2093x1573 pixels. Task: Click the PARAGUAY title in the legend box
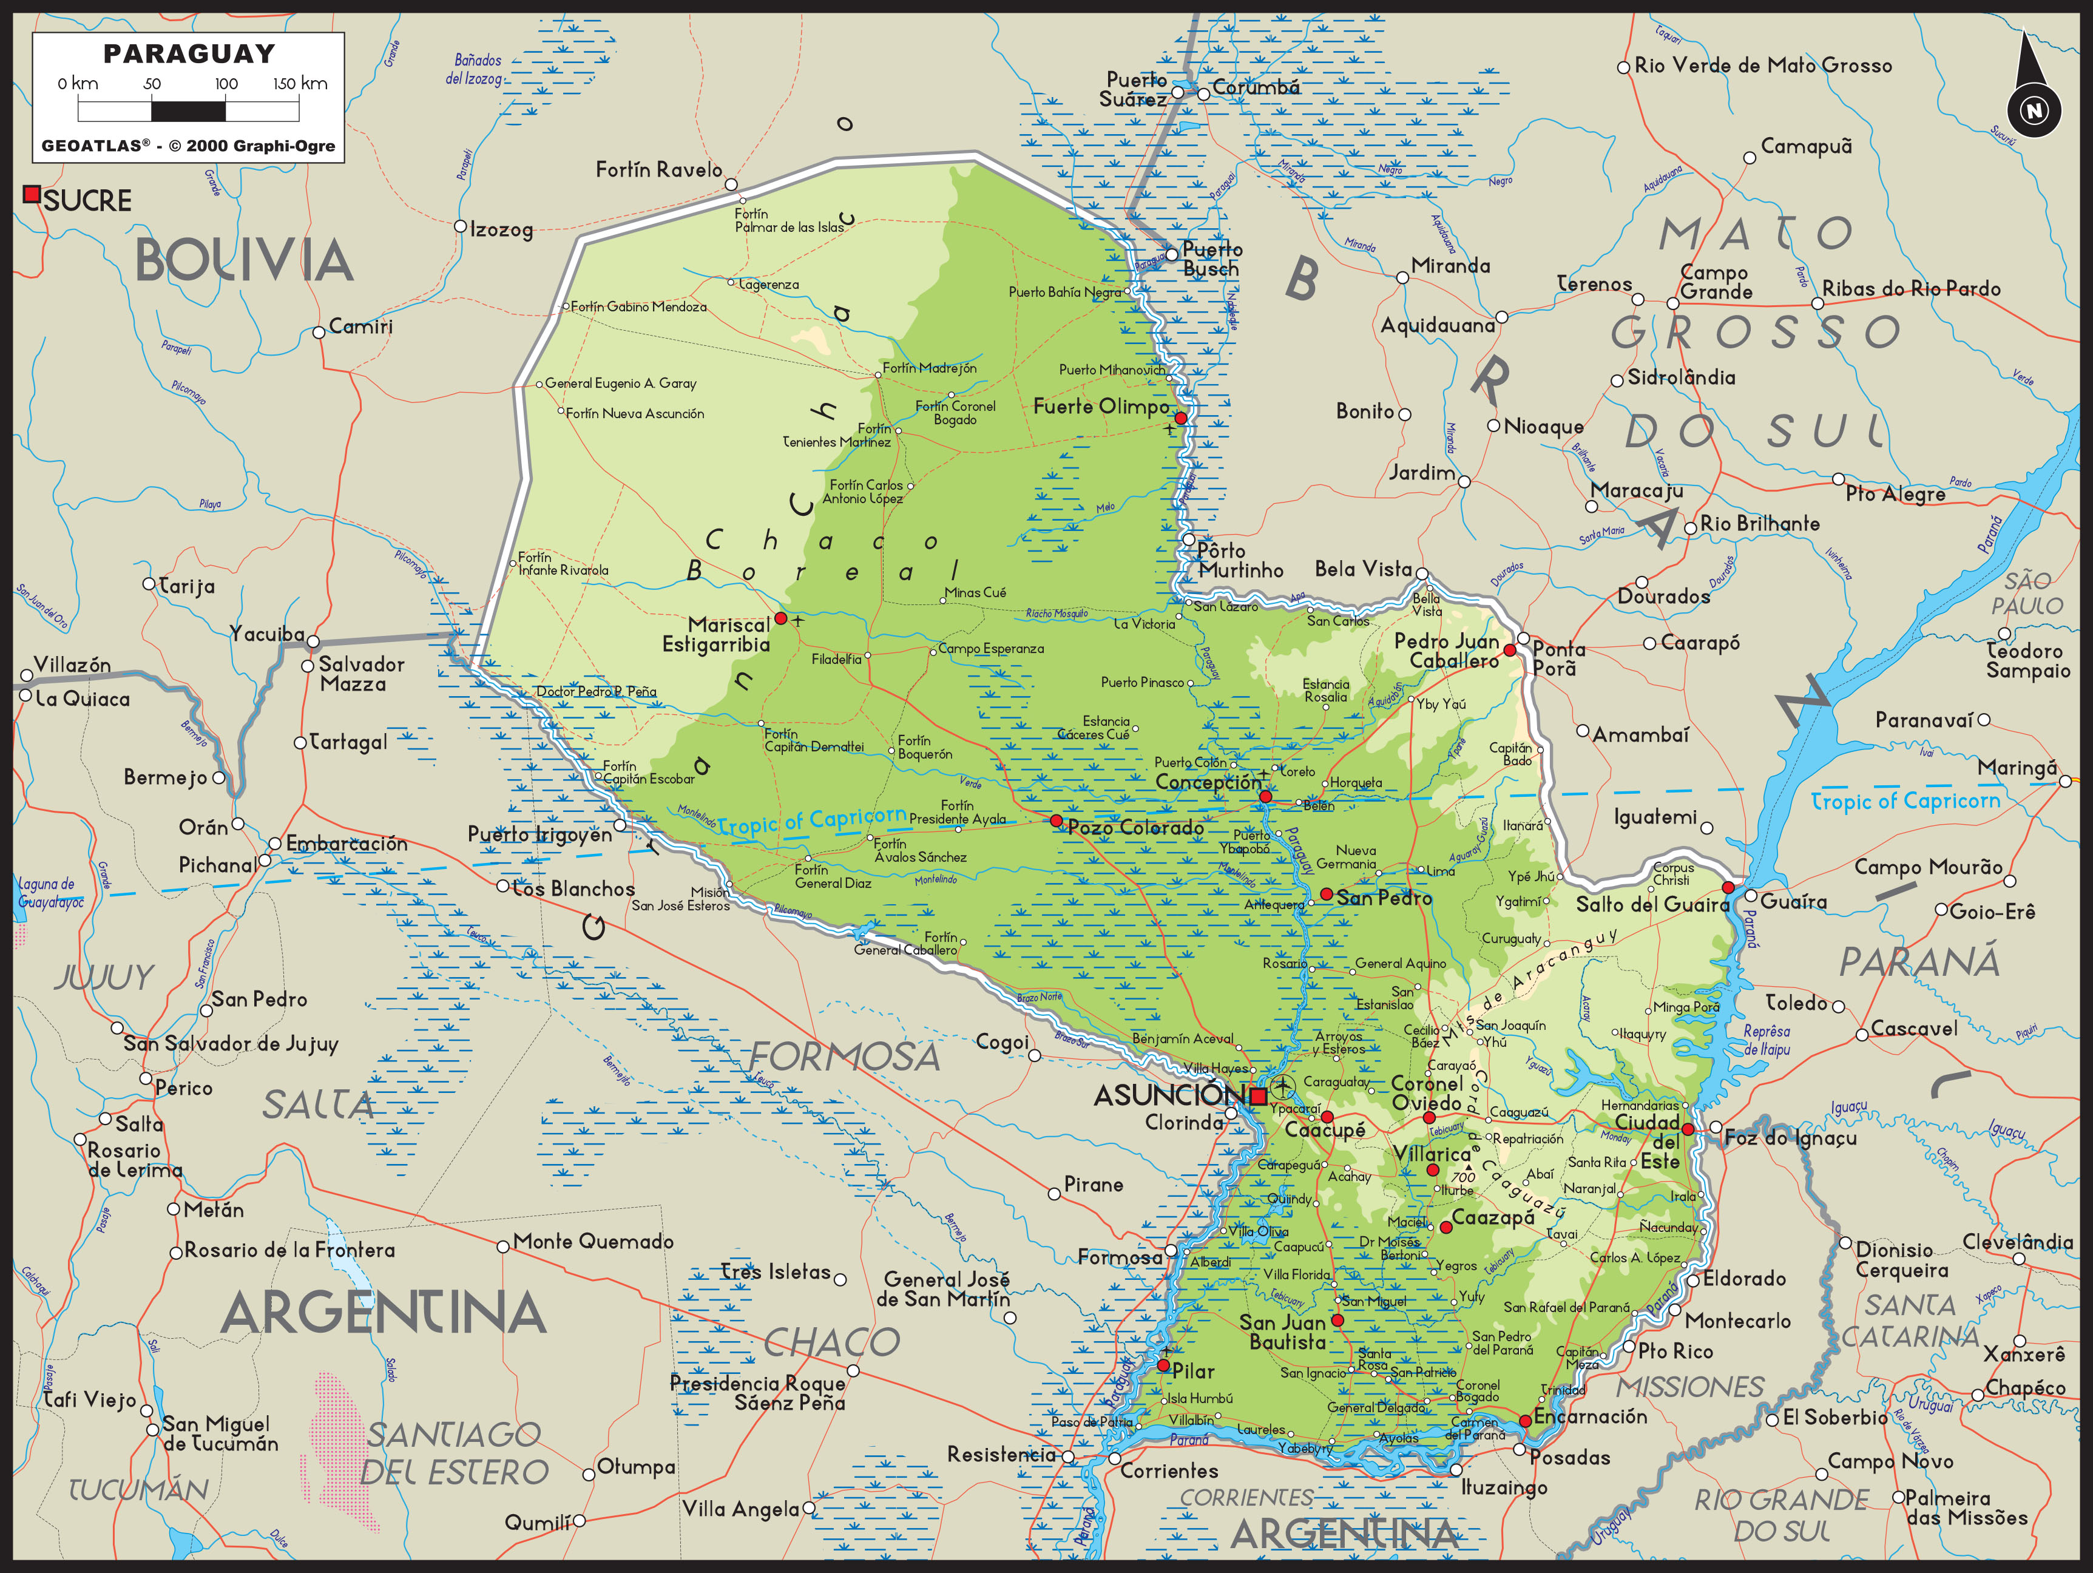[188, 54]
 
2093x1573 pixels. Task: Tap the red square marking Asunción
[1259, 1097]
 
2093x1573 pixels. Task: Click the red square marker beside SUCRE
[31, 194]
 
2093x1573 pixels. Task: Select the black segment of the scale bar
[188, 110]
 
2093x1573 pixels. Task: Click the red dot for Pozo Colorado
[1057, 820]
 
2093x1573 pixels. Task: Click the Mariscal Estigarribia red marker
[780, 618]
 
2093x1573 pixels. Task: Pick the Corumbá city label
[1256, 87]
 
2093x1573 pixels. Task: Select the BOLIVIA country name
[244, 260]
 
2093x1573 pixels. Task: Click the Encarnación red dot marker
[1525, 1421]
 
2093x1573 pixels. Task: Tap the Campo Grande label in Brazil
[1716, 282]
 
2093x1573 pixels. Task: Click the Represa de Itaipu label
[1767, 1040]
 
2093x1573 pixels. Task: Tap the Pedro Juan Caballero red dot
[1510, 650]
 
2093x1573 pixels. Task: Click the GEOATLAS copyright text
[188, 146]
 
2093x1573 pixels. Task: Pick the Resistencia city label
[1001, 1453]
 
